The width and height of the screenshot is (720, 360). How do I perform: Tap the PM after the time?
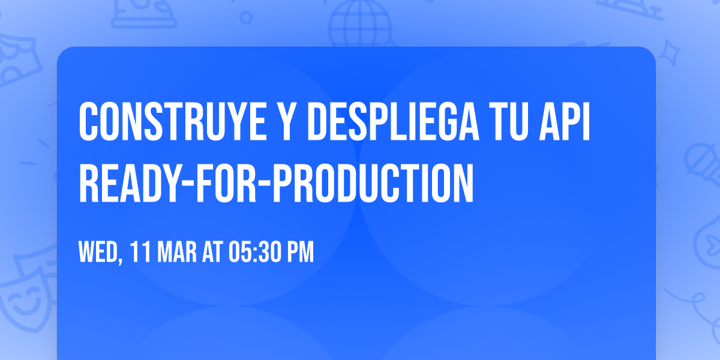[301, 252]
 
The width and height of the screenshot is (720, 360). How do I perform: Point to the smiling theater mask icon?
[24, 297]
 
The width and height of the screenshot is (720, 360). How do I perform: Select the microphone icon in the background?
[699, 159]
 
